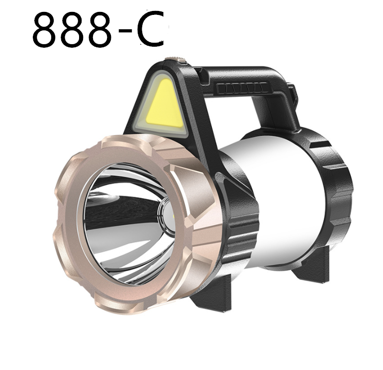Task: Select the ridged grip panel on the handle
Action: (241, 89)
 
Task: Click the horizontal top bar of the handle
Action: (239, 77)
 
